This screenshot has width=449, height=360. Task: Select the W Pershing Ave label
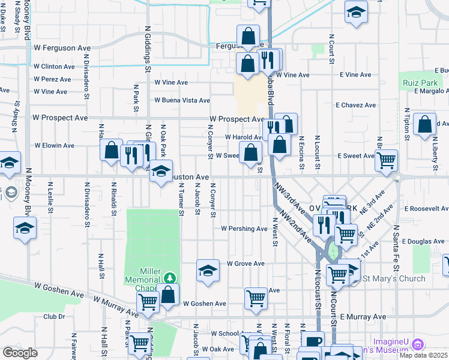point(244,229)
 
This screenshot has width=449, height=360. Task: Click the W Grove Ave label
point(246,263)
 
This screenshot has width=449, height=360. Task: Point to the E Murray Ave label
point(363,316)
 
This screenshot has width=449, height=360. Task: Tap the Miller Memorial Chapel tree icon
point(170,277)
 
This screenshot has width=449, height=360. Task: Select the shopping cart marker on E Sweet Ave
point(387,159)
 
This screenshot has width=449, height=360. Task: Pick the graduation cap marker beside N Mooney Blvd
point(25,227)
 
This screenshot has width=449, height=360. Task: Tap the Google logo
point(20,352)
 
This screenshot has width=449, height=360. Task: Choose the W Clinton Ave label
point(55,67)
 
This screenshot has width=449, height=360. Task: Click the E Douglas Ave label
point(423,241)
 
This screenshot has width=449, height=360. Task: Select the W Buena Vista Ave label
point(182,101)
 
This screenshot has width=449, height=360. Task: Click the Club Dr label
point(53,316)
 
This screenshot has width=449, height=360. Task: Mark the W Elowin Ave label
point(55,145)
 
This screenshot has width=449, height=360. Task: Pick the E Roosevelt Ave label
point(426,209)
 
